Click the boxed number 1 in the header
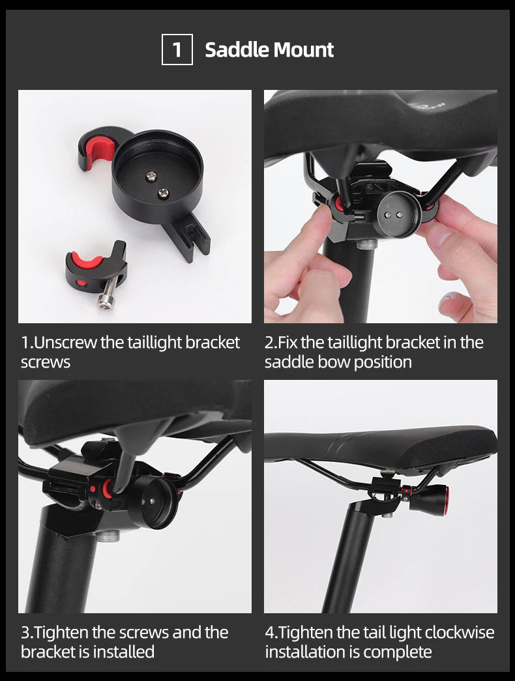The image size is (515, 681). tap(177, 50)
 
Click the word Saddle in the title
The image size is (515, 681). tap(236, 50)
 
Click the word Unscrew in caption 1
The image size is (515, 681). tap(65, 343)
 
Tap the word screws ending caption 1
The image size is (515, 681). tap(45, 362)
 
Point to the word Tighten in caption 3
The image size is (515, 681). tap(65, 633)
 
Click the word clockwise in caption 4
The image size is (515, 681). tap(460, 633)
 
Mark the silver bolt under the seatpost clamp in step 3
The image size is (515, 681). tap(108, 536)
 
